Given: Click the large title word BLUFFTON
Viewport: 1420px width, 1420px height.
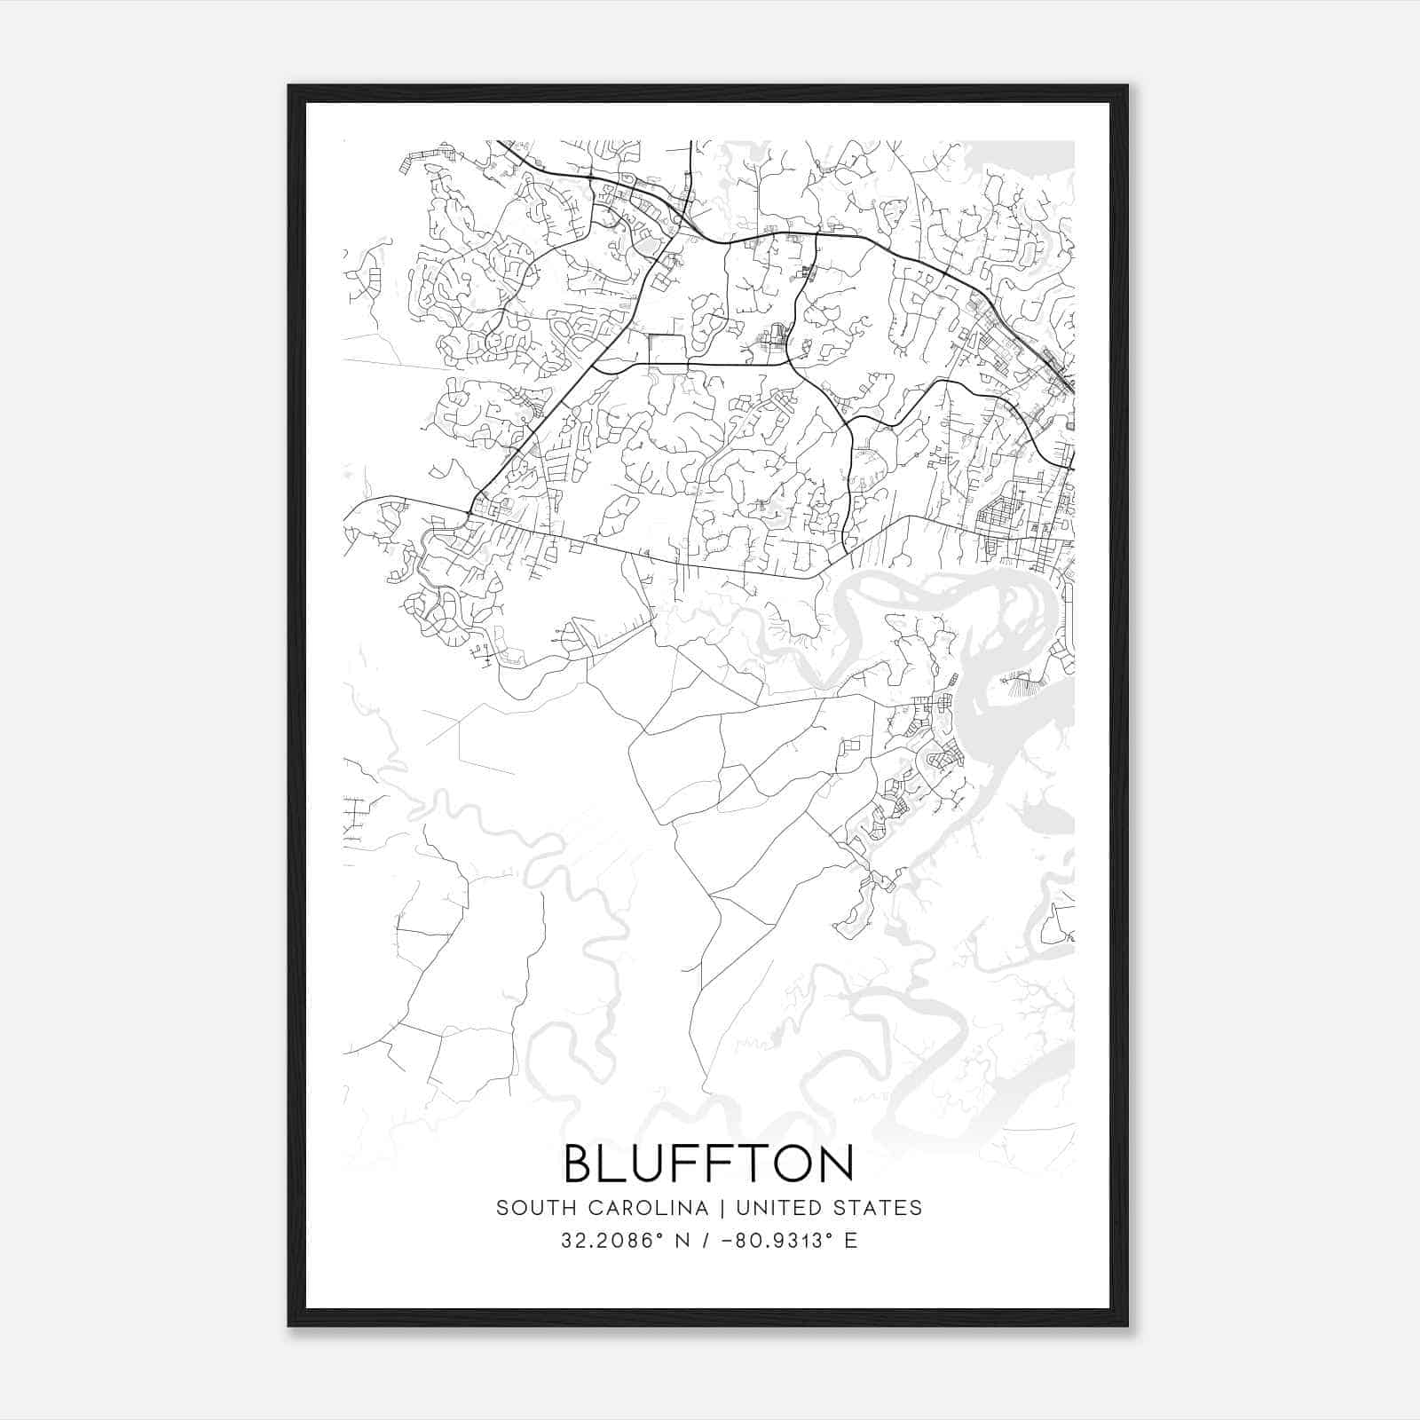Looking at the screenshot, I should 709,1164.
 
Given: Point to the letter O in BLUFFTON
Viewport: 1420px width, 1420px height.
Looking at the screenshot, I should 788,1164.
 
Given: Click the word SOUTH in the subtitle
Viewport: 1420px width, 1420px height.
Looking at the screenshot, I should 529,1208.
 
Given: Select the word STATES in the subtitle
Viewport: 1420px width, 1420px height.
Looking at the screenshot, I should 880,1208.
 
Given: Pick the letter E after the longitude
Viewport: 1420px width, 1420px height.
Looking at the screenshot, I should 851,1241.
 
